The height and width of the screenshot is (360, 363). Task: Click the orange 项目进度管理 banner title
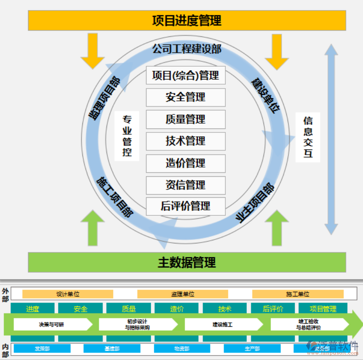tap(187, 20)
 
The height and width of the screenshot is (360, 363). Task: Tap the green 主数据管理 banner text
tap(187, 262)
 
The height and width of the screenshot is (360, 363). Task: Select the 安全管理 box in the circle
tap(185, 97)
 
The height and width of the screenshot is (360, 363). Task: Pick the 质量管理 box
tap(185, 119)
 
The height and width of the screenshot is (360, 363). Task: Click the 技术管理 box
tap(185, 141)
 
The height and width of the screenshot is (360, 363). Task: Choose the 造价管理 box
tap(185, 163)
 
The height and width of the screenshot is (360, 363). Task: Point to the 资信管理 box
tap(185, 185)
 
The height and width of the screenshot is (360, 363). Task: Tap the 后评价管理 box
tap(185, 206)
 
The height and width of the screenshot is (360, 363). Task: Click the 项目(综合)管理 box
tap(185, 75)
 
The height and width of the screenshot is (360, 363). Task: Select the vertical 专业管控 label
tap(127, 136)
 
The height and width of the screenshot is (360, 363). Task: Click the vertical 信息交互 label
tap(308, 137)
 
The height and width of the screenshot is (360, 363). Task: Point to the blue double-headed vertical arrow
tap(331, 139)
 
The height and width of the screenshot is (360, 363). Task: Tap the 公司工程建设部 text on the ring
tap(187, 49)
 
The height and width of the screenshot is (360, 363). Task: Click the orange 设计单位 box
tap(68, 294)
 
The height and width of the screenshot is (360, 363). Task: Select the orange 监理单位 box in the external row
tap(182, 294)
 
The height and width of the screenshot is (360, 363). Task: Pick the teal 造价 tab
tap(177, 309)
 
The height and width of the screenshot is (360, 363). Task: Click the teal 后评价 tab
tap(273, 309)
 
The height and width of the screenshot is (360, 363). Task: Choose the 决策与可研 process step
tap(52, 324)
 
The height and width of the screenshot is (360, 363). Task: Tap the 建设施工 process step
tap(223, 324)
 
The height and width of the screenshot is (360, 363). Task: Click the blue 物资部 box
tap(181, 349)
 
